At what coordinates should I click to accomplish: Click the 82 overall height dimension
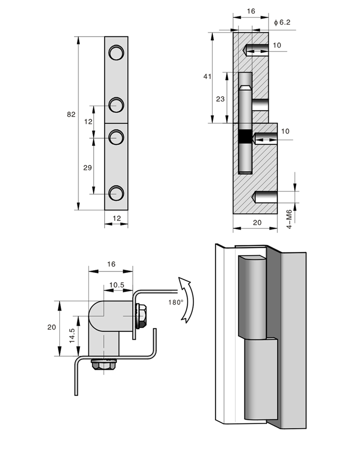click(x=71, y=115)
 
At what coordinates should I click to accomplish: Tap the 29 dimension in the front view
click(x=87, y=168)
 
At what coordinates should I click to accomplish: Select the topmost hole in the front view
click(x=116, y=53)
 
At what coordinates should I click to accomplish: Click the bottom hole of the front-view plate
click(x=116, y=193)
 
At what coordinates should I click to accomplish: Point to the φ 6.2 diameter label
click(x=282, y=22)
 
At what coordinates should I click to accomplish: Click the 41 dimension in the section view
click(x=207, y=77)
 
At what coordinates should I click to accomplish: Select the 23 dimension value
click(x=220, y=98)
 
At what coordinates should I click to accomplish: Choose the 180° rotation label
click(x=175, y=302)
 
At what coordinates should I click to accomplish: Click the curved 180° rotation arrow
click(x=188, y=299)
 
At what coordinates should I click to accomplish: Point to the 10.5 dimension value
click(x=116, y=284)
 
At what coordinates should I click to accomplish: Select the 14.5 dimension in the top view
click(x=72, y=335)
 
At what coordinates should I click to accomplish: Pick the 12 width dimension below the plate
click(x=116, y=218)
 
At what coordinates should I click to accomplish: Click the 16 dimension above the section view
click(x=250, y=11)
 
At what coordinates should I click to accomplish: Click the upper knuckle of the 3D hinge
click(x=252, y=297)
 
